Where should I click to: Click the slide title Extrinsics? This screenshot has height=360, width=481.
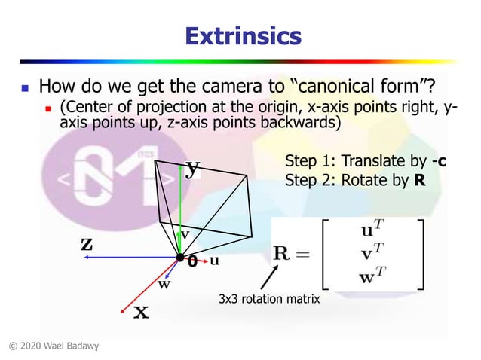(x=243, y=35)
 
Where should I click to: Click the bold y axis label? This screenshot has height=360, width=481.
(x=193, y=169)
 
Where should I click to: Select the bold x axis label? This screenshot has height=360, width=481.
(x=141, y=312)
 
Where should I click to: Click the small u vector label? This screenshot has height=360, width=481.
(x=215, y=261)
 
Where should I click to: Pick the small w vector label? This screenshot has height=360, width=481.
(x=164, y=285)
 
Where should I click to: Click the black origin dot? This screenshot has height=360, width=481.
(x=180, y=258)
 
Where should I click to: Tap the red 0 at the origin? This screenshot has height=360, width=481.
(x=192, y=262)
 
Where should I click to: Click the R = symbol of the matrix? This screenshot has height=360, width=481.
(x=291, y=254)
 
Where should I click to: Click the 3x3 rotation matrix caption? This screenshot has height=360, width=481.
(x=269, y=300)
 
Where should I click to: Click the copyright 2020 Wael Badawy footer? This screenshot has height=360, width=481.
(x=54, y=346)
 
